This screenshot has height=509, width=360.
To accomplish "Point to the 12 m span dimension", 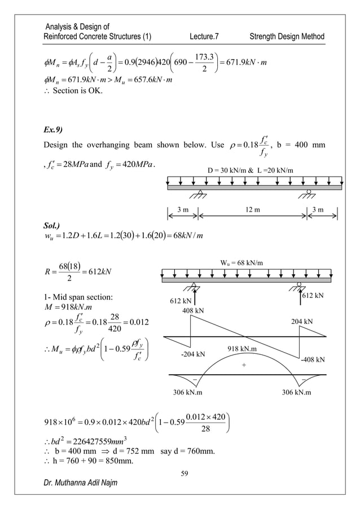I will [x=249, y=212].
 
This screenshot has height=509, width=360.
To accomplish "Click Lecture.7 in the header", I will [x=204, y=37].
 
